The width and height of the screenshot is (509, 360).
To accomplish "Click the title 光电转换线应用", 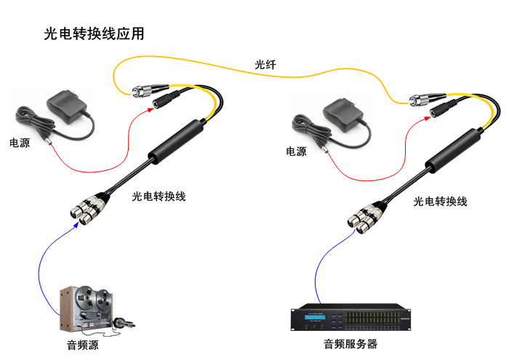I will (94, 33).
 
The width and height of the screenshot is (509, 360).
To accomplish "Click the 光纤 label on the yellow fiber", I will (265, 65).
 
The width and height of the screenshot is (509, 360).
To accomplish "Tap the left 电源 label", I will (20, 143).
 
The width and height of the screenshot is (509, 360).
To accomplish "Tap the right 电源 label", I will (296, 151).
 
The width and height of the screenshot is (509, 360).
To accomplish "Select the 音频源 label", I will (82, 345).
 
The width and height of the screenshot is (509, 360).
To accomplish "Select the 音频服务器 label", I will (350, 344).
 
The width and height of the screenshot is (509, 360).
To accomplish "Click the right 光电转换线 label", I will (439, 201).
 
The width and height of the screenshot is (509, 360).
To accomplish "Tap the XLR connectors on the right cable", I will (364, 216).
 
